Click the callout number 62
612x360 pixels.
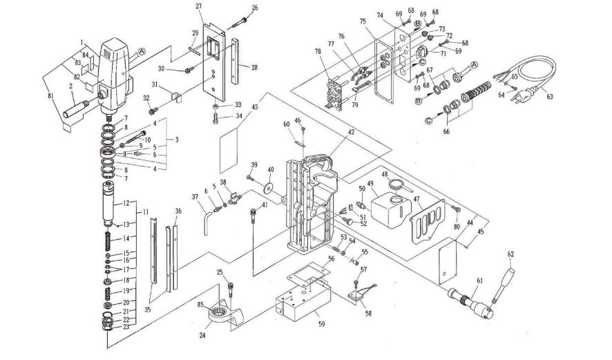[511, 254]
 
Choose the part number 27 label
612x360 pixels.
[199, 6]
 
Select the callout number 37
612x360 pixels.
[195, 197]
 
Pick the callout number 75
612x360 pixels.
[363, 21]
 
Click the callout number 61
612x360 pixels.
[478, 280]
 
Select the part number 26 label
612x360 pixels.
[236, 8]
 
